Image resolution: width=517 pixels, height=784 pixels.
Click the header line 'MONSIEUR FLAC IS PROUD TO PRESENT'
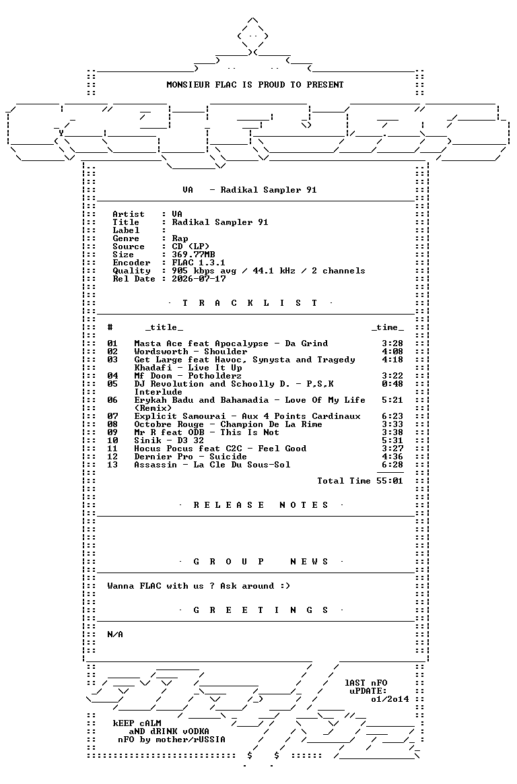(254, 84)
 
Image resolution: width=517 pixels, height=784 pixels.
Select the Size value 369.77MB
(193, 255)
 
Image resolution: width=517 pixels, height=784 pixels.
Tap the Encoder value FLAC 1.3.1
(199, 263)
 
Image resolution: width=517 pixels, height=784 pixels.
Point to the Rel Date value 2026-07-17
(199, 278)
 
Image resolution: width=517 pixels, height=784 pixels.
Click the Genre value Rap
(180, 238)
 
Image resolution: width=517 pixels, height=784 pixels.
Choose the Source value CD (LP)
(191, 247)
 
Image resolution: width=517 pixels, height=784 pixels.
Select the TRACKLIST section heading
(250, 303)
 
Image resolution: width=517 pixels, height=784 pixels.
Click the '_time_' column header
(388, 327)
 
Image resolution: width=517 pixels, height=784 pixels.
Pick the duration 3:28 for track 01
(392, 344)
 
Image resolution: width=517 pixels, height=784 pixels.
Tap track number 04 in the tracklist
(112, 376)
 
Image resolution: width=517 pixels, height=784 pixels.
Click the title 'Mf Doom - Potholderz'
(188, 376)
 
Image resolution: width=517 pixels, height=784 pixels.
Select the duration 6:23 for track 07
(392, 416)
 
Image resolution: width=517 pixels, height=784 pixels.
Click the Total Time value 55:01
(390, 481)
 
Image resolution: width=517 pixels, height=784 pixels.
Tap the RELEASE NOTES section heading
(261, 505)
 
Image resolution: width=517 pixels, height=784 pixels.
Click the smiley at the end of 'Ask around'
(285, 586)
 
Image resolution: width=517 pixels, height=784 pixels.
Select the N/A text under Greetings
(115, 634)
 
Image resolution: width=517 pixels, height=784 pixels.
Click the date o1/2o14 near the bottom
(390, 699)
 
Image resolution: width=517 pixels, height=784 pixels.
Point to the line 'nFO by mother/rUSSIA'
(172, 740)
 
